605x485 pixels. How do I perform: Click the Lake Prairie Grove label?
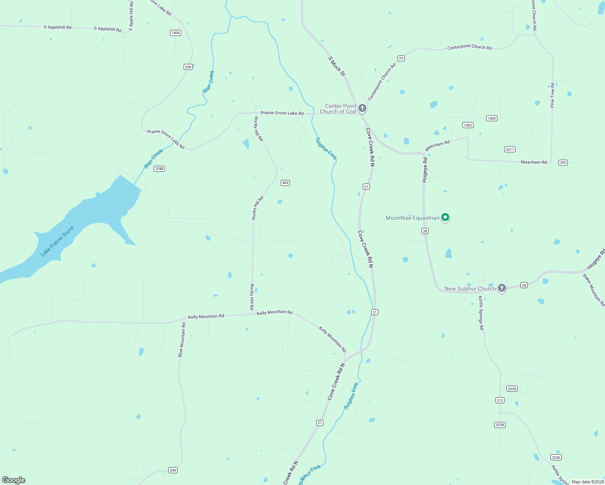[x=57, y=241]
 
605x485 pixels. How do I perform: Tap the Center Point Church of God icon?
[x=362, y=108]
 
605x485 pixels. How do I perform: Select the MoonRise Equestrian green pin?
[x=445, y=217]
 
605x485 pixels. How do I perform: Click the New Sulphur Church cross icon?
[x=502, y=288]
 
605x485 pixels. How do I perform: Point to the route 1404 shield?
[x=175, y=33]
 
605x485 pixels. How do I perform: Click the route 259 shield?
[x=188, y=67]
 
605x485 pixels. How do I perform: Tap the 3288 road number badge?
[x=159, y=169]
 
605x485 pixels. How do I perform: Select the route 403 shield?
[x=285, y=183]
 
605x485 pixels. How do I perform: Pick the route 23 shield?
[x=401, y=58]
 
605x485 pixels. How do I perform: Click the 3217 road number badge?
[x=510, y=150]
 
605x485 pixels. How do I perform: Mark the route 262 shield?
[x=563, y=162]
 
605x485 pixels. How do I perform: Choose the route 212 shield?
[x=500, y=401]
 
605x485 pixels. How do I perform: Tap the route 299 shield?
[x=173, y=470]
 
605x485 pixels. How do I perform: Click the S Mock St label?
[x=336, y=66]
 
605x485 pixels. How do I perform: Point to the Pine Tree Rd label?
[x=552, y=95]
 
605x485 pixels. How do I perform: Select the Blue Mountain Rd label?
[x=182, y=339]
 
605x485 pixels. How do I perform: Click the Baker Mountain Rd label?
[x=593, y=290]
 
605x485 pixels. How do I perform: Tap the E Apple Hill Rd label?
[x=131, y=15]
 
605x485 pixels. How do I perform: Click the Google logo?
[x=14, y=480]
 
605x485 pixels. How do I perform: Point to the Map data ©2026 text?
[x=588, y=482]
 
